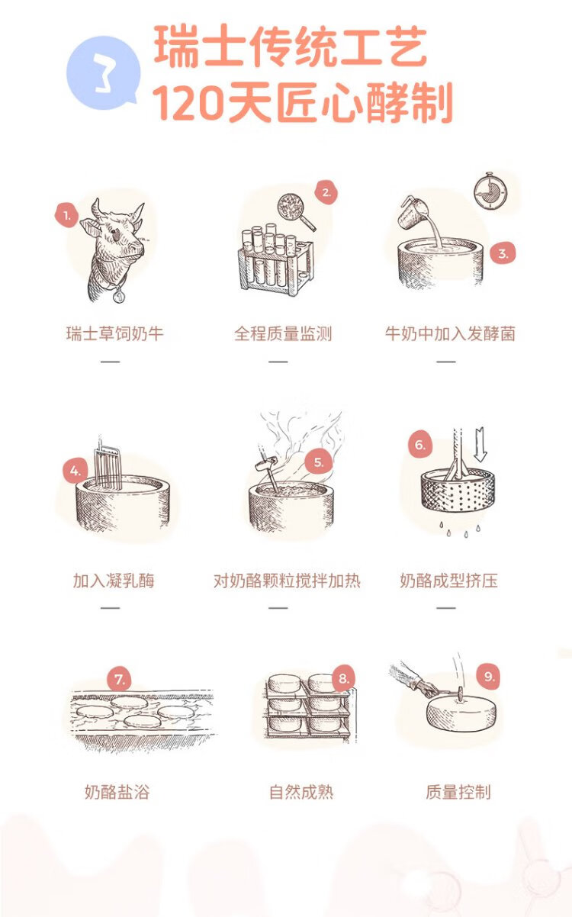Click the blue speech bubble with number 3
click(104, 72)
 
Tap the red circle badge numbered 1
click(67, 215)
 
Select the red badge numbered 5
click(318, 462)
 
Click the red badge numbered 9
click(489, 676)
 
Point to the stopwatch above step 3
click(490, 191)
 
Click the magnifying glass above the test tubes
click(296, 211)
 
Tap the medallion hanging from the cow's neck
click(119, 294)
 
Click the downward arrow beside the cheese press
click(480, 445)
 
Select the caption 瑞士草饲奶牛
click(115, 333)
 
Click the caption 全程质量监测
click(283, 333)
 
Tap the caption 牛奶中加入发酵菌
click(450, 333)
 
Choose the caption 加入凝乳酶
click(114, 581)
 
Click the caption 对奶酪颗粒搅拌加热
click(287, 581)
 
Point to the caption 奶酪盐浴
click(117, 792)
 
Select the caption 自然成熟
click(301, 792)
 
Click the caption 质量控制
click(458, 792)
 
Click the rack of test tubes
click(276, 259)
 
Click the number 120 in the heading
click(189, 101)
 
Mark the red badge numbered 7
click(120, 680)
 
